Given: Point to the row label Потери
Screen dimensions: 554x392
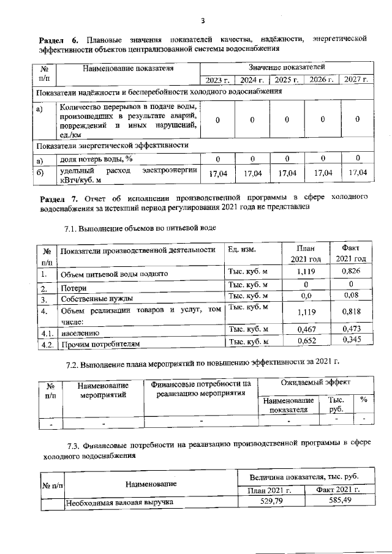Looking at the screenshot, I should pos(73,287).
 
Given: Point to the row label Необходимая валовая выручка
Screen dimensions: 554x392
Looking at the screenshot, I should pos(119,503).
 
